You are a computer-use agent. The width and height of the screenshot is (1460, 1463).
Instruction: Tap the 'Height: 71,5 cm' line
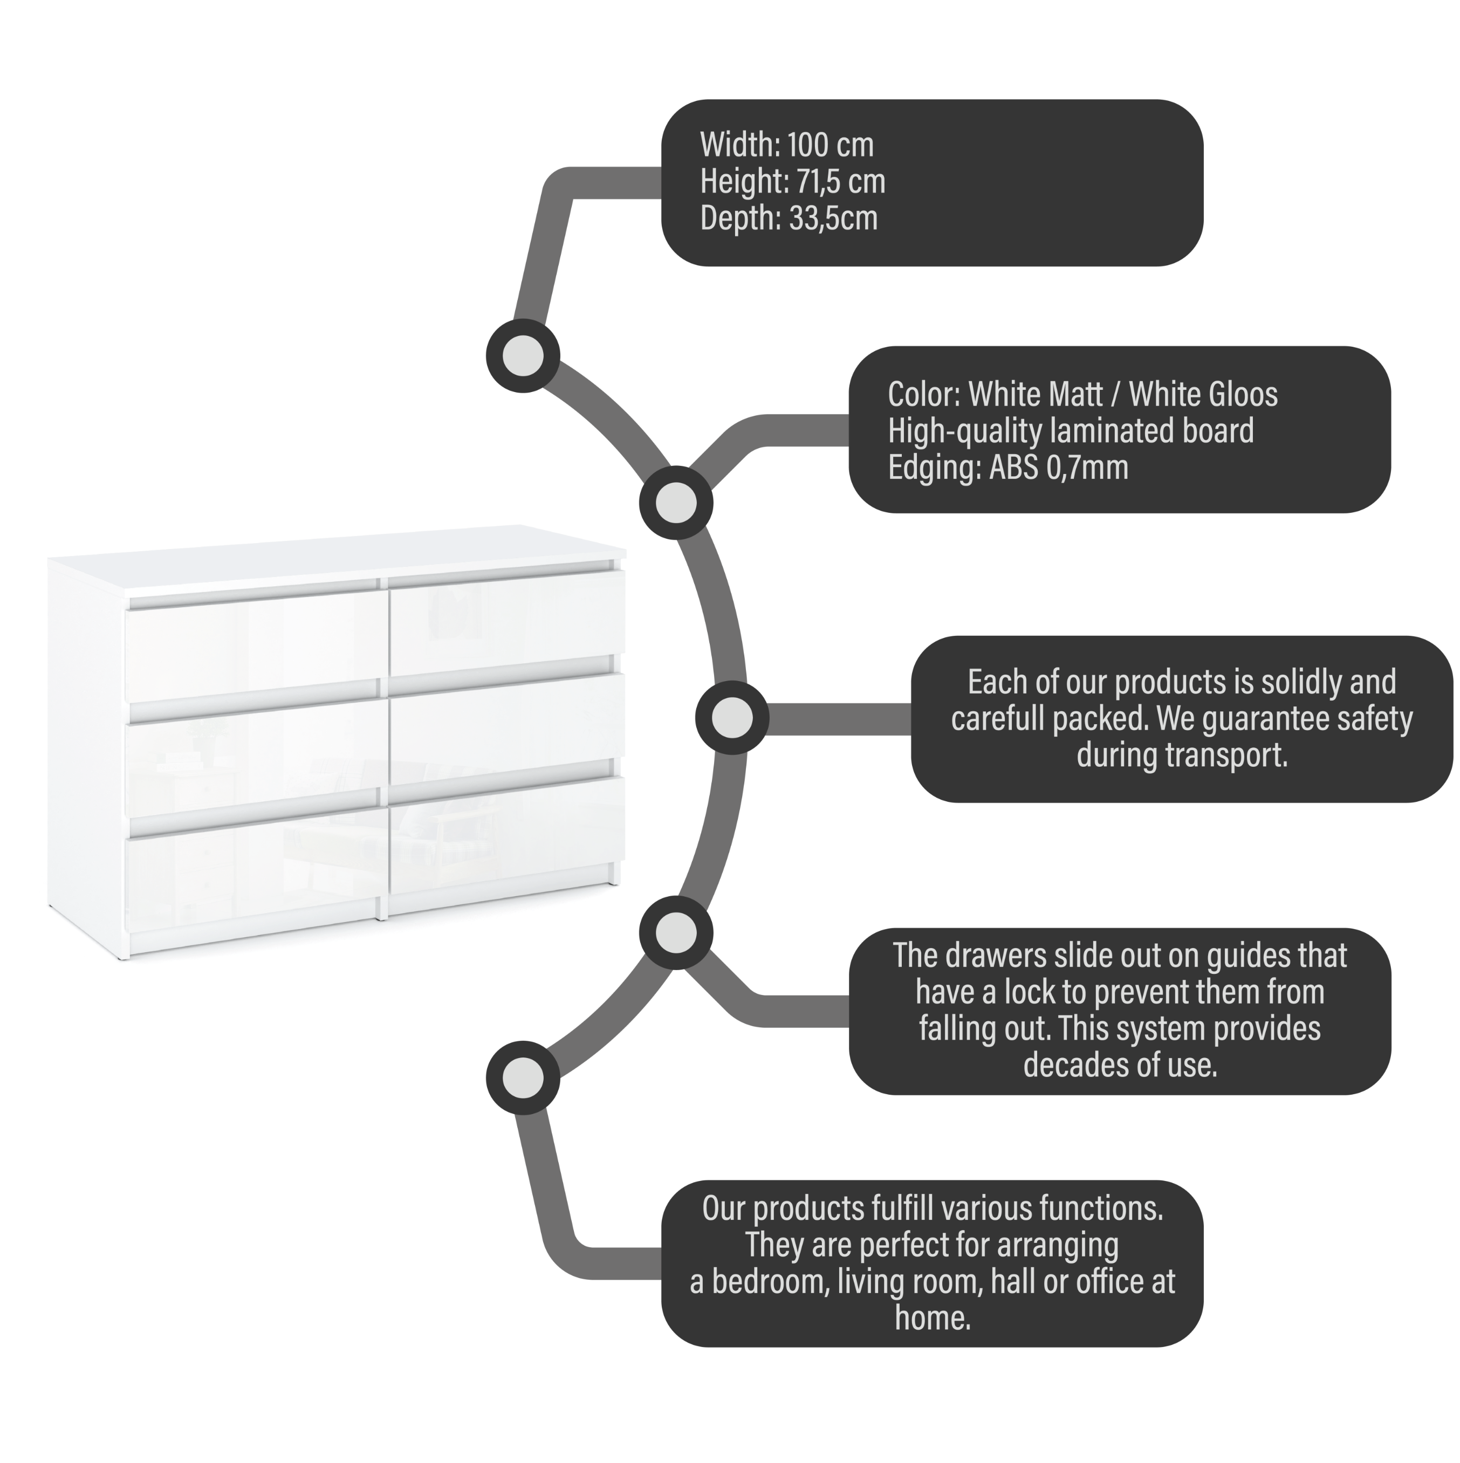coord(792,181)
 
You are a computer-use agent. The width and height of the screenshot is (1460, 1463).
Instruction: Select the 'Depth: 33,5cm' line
coord(789,217)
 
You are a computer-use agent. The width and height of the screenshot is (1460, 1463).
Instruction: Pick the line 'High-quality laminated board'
coord(1071,431)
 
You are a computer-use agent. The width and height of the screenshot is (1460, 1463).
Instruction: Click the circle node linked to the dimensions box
coord(523,355)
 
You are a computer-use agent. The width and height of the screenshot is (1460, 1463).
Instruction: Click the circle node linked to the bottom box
coord(523,1077)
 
